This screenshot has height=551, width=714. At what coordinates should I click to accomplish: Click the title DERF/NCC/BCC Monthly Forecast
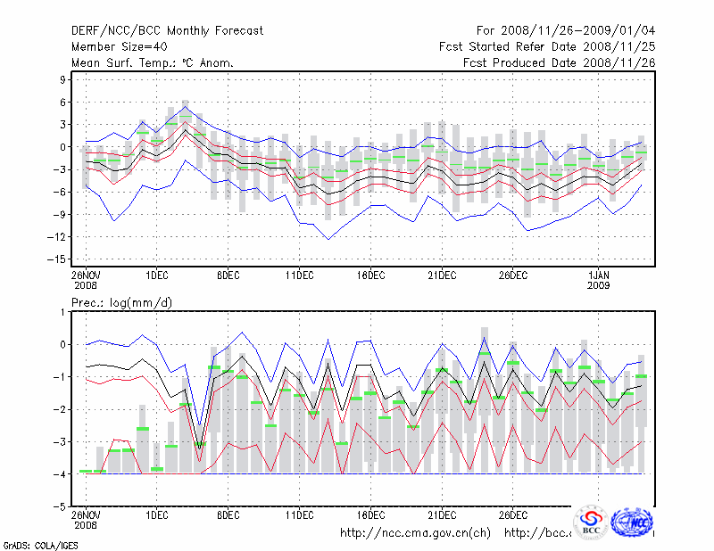click(167, 30)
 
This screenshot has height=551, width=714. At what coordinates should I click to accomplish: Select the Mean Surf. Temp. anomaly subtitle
click(153, 62)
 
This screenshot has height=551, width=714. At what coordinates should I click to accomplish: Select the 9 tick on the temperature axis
click(63, 79)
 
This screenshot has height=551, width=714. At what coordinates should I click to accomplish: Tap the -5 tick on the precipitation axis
click(60, 506)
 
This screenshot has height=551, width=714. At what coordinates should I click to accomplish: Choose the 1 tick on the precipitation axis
click(63, 312)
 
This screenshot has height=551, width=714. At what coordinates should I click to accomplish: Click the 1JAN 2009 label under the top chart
click(601, 278)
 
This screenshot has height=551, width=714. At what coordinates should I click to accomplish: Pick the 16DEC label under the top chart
click(370, 273)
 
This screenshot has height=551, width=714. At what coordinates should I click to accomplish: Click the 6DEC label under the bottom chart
click(228, 514)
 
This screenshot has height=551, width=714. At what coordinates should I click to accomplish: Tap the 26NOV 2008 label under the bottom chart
click(86, 519)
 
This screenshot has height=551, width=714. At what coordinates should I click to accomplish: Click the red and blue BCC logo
click(592, 522)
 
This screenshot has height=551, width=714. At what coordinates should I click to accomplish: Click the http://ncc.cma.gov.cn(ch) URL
click(415, 533)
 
